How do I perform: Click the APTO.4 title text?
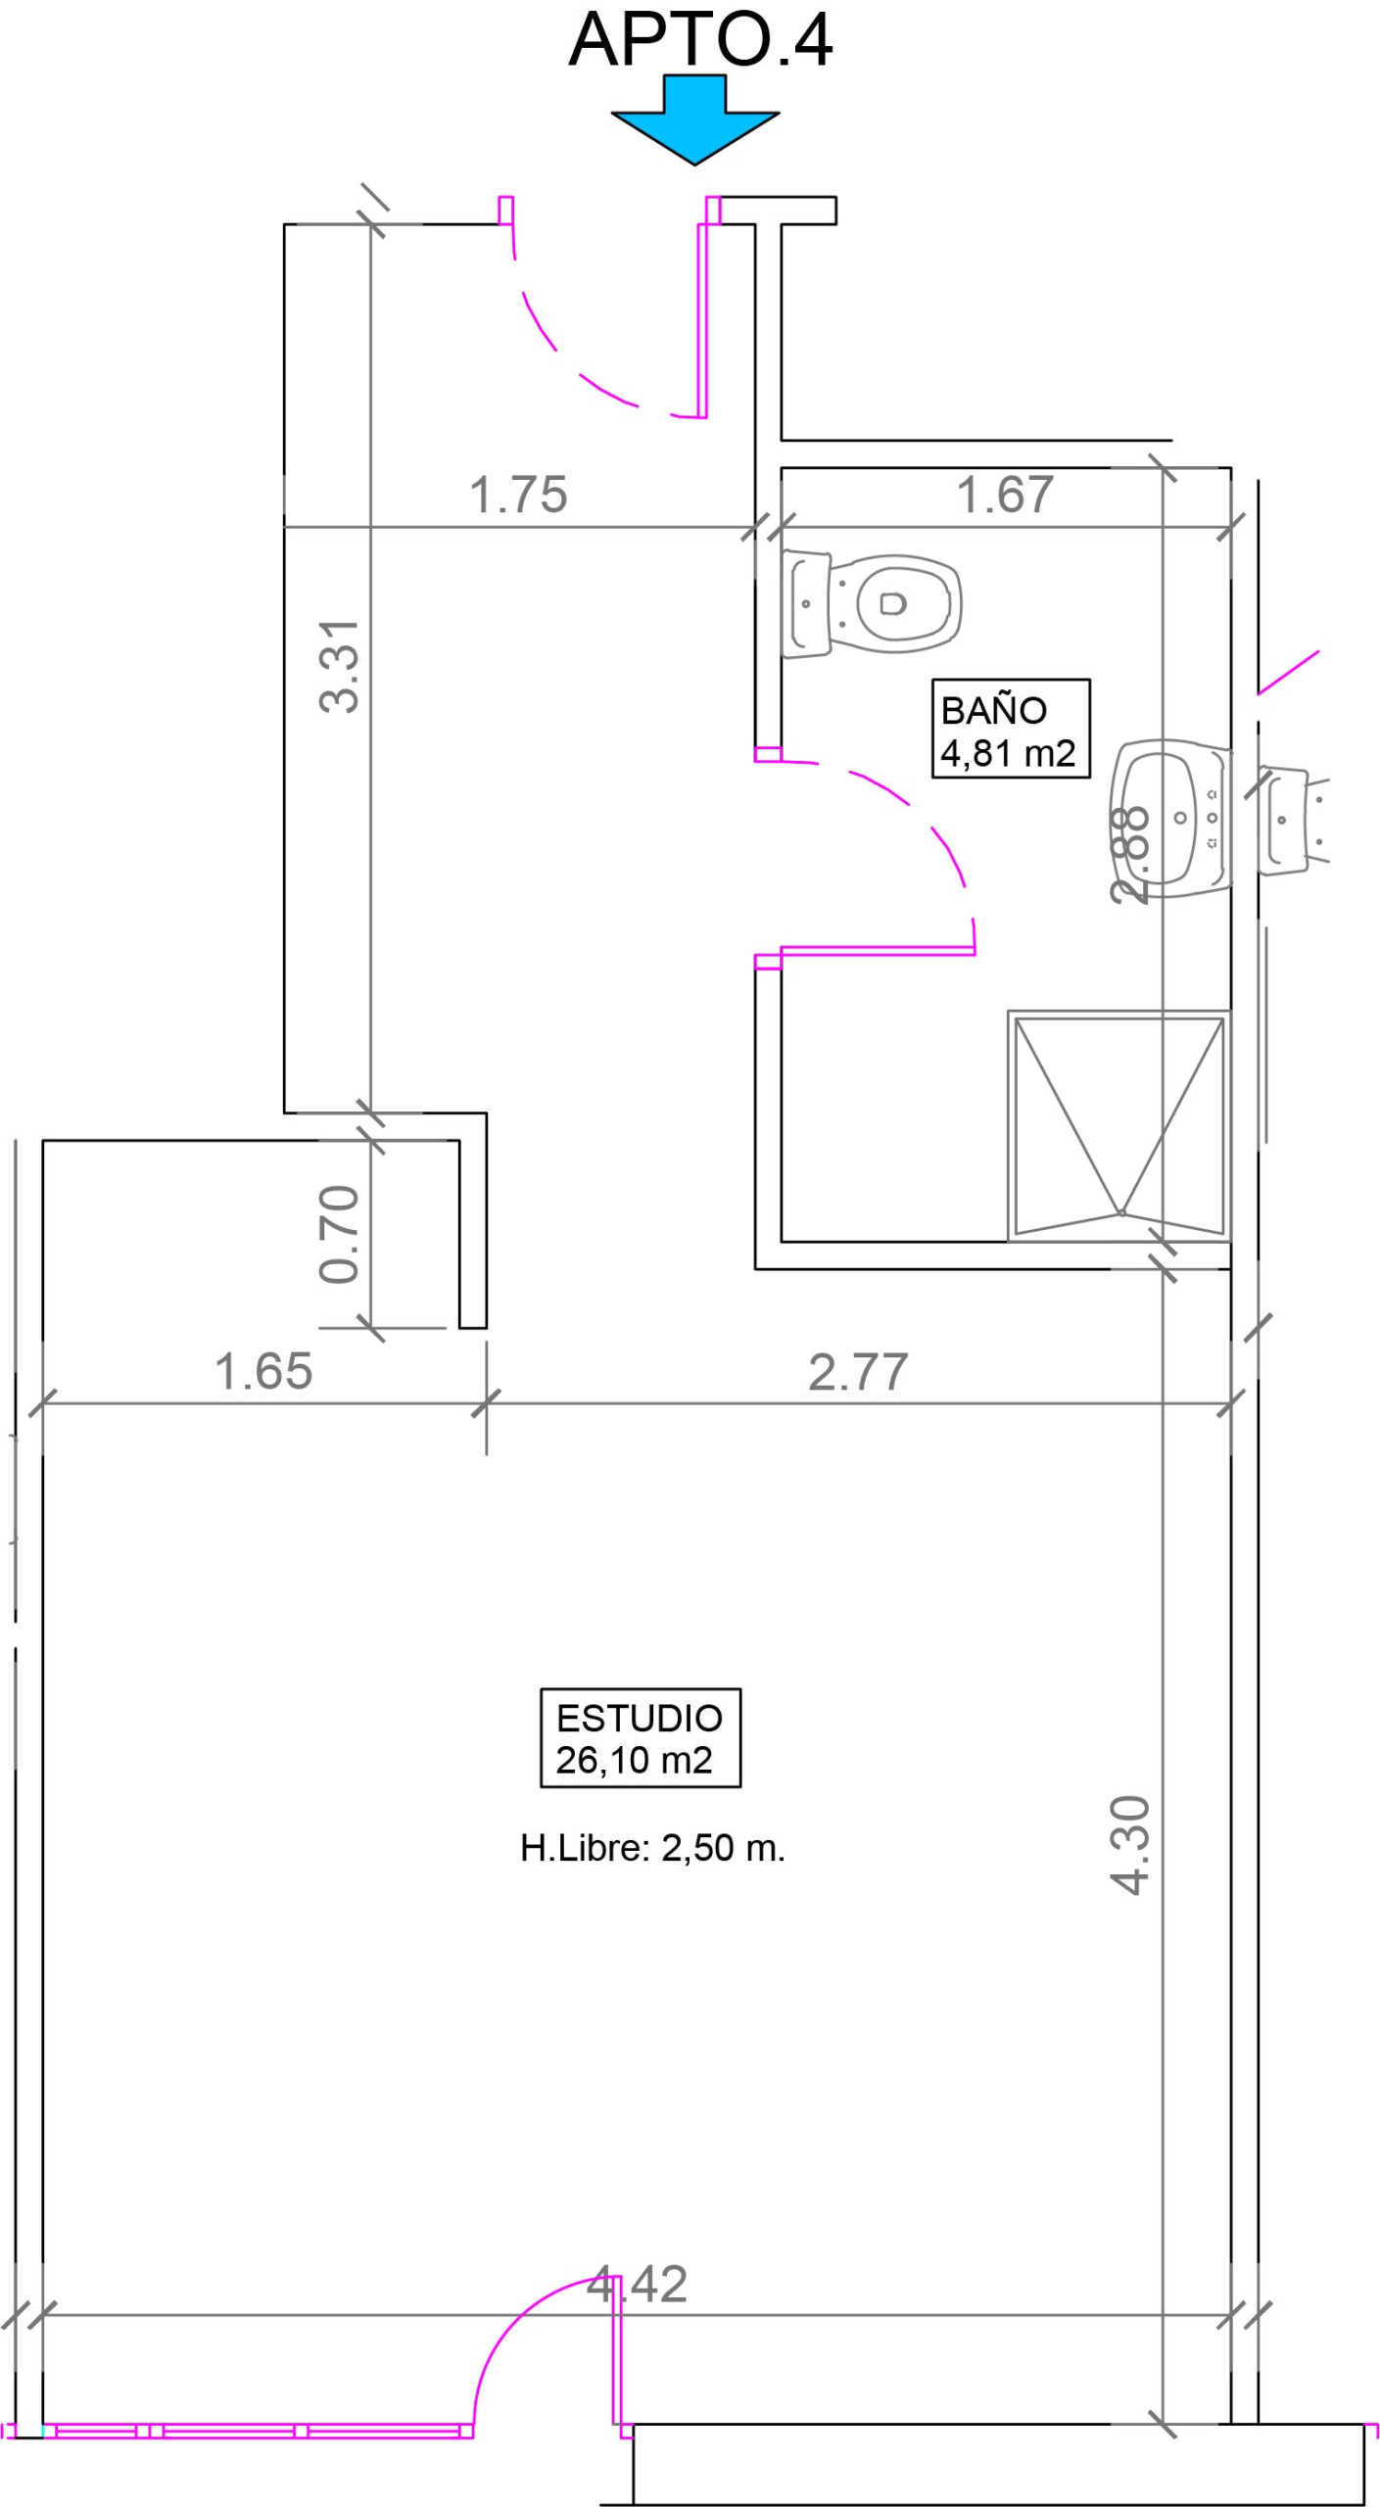tap(699, 40)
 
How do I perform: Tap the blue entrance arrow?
tap(694, 119)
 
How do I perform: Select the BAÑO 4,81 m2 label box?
tap(1010, 728)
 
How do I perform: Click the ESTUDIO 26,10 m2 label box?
tap(640, 1737)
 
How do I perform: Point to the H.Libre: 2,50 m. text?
tap(652, 1848)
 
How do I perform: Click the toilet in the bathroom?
tap(871, 603)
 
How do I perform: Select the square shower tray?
tap(1119, 1126)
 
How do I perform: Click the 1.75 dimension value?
tap(518, 495)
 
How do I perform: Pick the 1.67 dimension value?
tap(1005, 495)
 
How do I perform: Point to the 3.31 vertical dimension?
tap(340, 666)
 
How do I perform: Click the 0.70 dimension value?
tap(339, 1234)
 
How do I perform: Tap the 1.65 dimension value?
tap(263, 1371)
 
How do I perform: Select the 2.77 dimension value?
tap(858, 1371)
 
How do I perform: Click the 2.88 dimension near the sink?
tap(1129, 854)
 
